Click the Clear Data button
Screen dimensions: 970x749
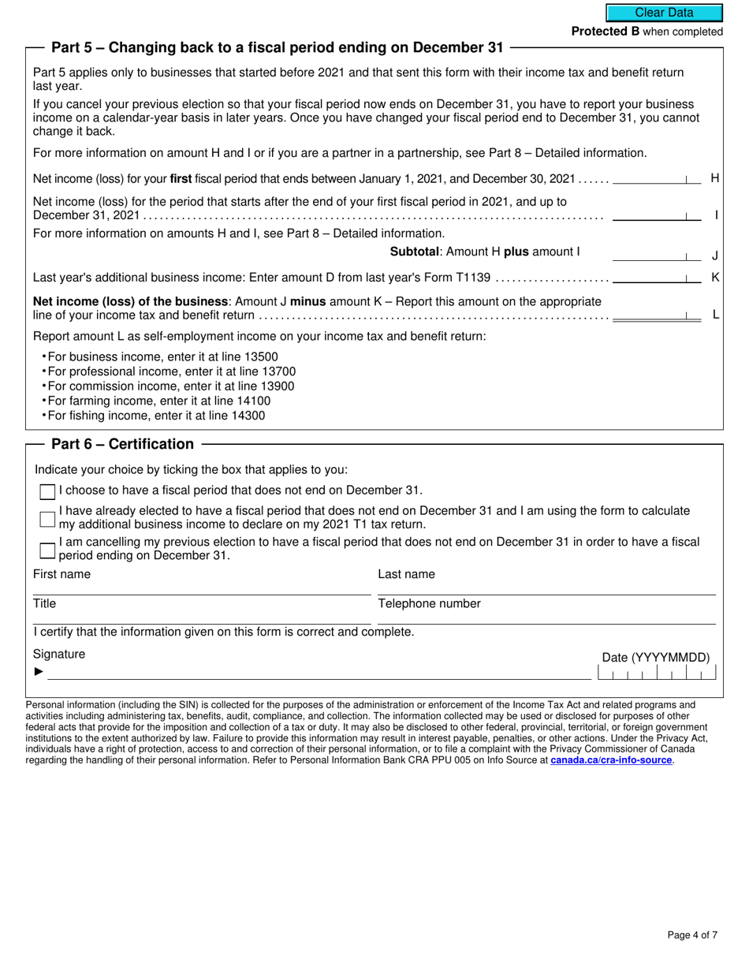(x=664, y=13)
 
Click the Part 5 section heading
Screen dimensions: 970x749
(x=277, y=47)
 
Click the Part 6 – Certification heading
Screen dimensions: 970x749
(x=122, y=444)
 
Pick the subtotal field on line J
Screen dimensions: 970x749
(x=656, y=255)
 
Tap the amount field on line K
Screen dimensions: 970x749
(x=656, y=277)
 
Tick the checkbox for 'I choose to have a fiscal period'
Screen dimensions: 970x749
(x=47, y=491)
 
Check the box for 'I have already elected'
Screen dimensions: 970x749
(x=47, y=518)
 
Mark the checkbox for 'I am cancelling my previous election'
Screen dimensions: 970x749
(x=47, y=548)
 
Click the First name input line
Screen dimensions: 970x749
(x=201, y=588)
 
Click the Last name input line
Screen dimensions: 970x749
(x=546, y=588)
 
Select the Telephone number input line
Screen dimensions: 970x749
(x=546, y=617)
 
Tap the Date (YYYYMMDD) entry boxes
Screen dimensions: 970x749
(x=657, y=673)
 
